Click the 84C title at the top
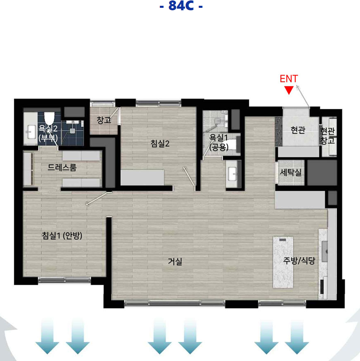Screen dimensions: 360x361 pos(181,6)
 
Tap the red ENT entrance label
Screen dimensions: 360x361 pos(289,79)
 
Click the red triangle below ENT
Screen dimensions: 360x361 pos(289,90)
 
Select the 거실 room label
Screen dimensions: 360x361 pos(175,261)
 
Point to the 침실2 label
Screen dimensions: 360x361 pos(160,144)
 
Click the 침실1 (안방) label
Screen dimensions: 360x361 pos(62,235)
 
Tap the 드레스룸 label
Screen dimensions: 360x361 pos(62,167)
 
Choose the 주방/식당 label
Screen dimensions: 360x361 pos(299,260)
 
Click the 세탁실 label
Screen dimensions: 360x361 pos(290,172)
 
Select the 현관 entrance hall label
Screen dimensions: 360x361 pos(298,130)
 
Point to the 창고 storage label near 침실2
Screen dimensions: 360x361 pos(104,120)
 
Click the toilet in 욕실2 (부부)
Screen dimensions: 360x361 pos(49,118)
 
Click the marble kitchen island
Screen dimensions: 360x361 pos(283,262)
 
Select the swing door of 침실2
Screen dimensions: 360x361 pos(189,176)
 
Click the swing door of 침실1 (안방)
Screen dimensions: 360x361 pos(97,199)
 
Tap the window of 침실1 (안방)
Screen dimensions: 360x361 pos(64,280)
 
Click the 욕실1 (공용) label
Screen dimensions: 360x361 pos(219,143)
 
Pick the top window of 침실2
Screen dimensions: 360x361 pos(159,103)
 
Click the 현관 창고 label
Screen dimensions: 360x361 pos(327,136)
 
